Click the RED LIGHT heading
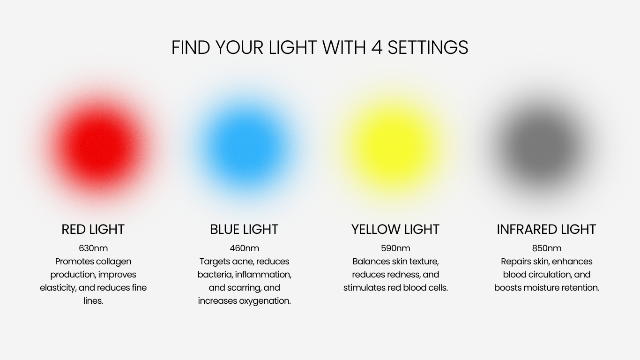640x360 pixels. tap(93, 229)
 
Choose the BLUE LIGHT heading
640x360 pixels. tap(244, 229)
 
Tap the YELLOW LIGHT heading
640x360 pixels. tap(395, 229)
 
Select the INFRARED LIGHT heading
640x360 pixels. tap(546, 229)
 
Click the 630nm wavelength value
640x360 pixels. tap(93, 248)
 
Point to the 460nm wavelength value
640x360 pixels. tap(244, 248)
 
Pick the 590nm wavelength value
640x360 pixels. tap(395, 248)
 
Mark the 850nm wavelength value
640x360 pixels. tap(547, 248)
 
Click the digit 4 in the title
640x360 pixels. tap(377, 47)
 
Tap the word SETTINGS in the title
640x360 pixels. tap(428, 47)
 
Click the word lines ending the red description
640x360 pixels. tap(93, 301)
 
